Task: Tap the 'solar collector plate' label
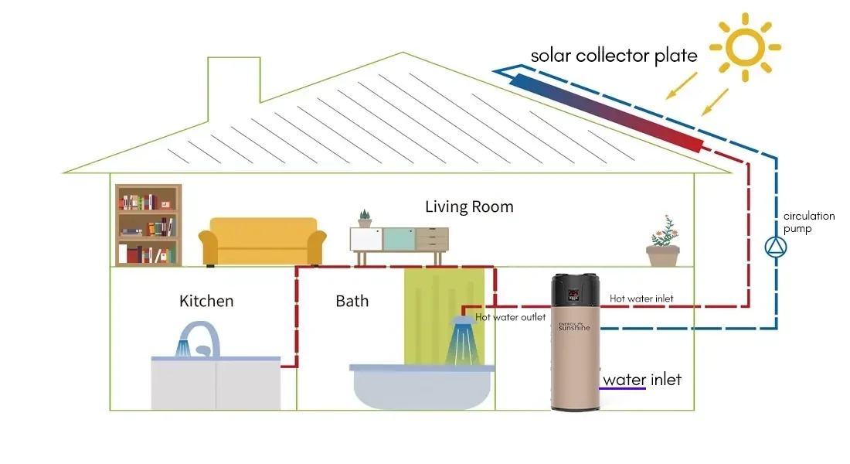pyautogui.click(x=614, y=56)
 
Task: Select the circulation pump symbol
pyautogui.click(x=774, y=247)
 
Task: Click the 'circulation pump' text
pyautogui.click(x=797, y=223)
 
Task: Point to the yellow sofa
pyautogui.click(x=263, y=241)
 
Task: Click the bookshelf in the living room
pyautogui.click(x=148, y=225)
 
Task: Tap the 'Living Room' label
pyautogui.click(x=469, y=207)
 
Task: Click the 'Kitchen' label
pyautogui.click(x=206, y=301)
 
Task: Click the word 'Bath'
pyautogui.click(x=352, y=301)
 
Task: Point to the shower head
pyautogui.click(x=464, y=321)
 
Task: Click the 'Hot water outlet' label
pyautogui.click(x=511, y=317)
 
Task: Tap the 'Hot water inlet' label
pyautogui.click(x=641, y=299)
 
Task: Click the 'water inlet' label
pyautogui.click(x=642, y=380)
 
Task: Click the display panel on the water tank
pyautogui.click(x=574, y=295)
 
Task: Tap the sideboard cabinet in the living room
pyautogui.click(x=399, y=240)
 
